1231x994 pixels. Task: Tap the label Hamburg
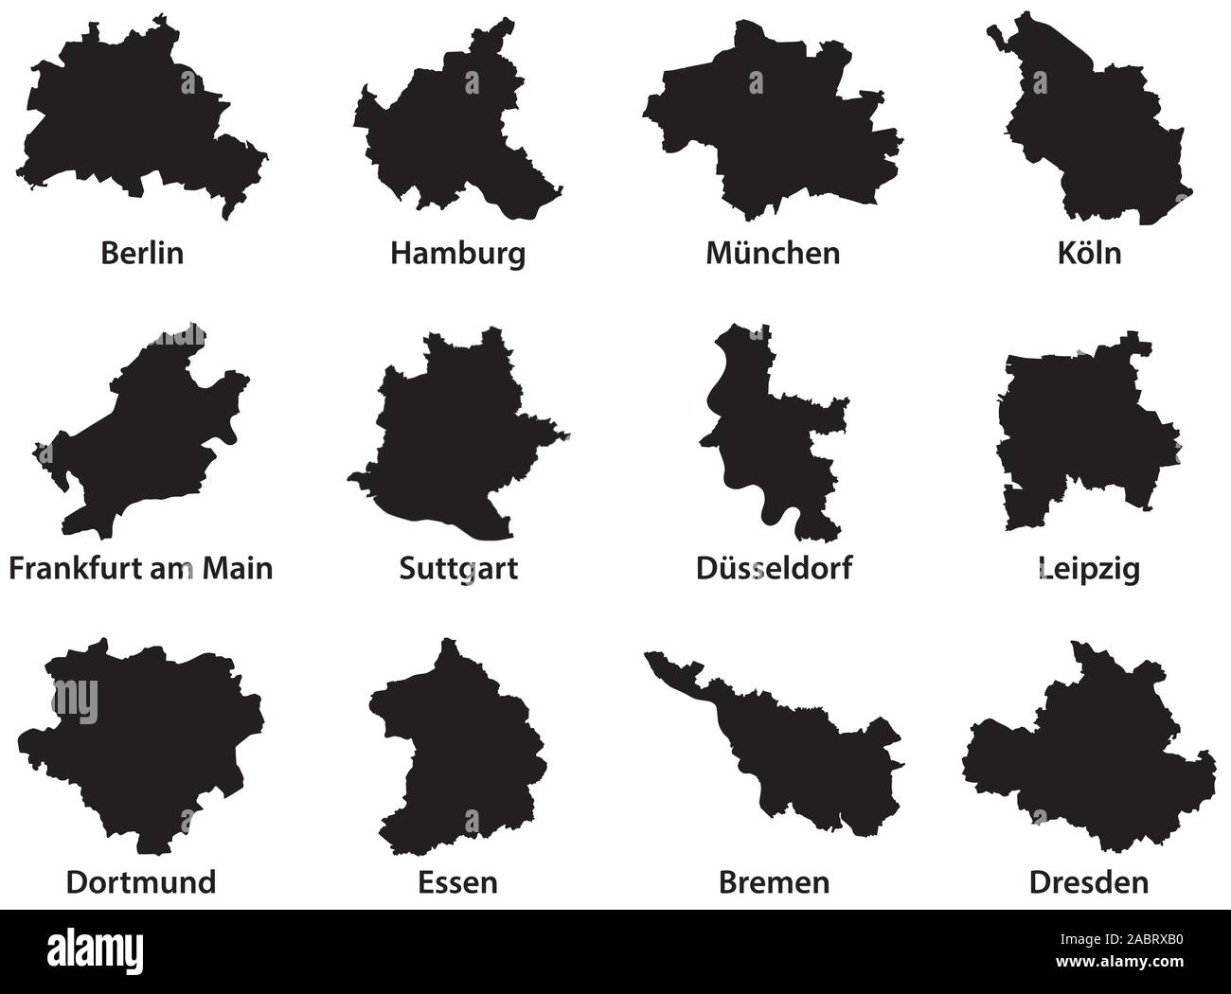coord(457,254)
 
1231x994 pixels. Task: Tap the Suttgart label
coord(458,569)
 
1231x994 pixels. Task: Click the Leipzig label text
coord(1088,569)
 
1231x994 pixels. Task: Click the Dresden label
coord(1088,882)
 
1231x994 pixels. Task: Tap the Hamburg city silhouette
coord(445,133)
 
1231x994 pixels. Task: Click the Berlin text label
coord(141,254)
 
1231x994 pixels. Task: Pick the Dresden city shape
coord(1089,757)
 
